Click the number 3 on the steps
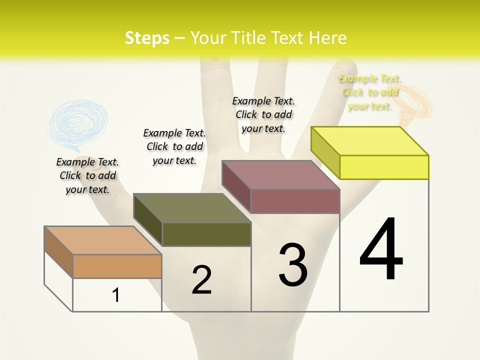pos(293,265)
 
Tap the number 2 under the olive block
pos(201,280)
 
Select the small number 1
pos(116,295)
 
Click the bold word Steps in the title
pos(147,38)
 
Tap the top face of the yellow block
pos(370,140)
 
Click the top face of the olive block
pos(192,208)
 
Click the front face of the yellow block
pos(384,167)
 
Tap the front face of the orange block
pos(117,266)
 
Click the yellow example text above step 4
pos(369,92)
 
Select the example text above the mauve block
pos(263,114)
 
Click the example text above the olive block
pos(174,146)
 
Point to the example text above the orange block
pos(87,175)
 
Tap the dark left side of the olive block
pos(148,220)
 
